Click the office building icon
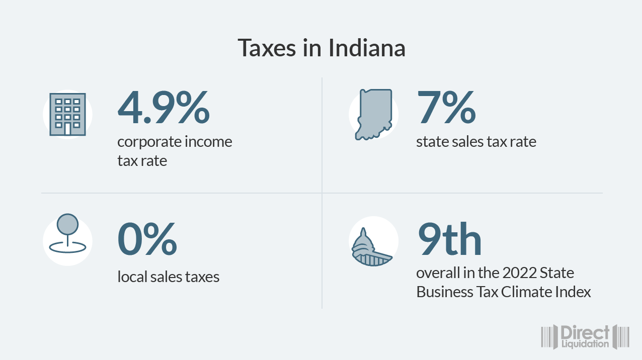[67, 115]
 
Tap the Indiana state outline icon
[373, 115]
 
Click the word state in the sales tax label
[431, 142]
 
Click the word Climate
[526, 292]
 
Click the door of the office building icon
[67, 129]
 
